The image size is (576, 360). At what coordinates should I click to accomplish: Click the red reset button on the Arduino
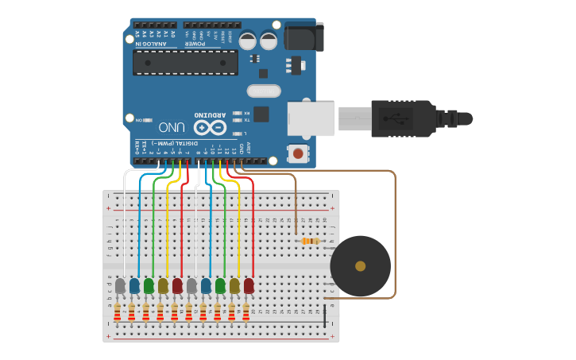tap(298, 153)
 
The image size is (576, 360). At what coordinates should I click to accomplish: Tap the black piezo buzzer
tap(360, 266)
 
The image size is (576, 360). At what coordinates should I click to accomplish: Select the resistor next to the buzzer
tap(309, 241)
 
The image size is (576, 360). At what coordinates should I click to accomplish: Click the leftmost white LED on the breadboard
tap(120, 285)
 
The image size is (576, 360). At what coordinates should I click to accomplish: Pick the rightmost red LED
tap(249, 285)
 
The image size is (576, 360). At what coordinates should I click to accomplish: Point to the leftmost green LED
tap(149, 285)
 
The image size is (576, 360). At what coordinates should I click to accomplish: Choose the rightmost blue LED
tap(206, 285)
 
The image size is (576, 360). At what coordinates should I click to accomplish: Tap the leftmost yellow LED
tap(163, 285)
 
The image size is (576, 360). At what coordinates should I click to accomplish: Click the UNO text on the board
tap(172, 127)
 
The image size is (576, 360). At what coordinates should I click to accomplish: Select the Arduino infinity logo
tap(210, 126)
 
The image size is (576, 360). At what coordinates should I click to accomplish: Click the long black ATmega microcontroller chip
tap(185, 62)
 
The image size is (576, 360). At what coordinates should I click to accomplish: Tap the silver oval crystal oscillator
tap(264, 91)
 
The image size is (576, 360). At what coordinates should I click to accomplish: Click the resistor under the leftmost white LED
tap(117, 312)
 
